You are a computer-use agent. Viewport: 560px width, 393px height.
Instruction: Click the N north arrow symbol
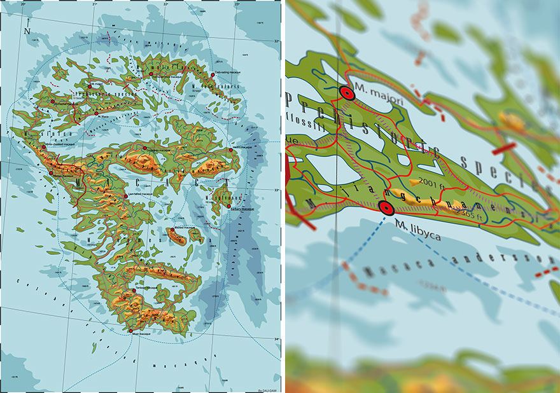coord(26,31)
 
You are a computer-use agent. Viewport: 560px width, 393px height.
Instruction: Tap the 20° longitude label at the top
coord(24,4)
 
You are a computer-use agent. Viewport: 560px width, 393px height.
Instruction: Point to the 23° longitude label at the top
coord(237,4)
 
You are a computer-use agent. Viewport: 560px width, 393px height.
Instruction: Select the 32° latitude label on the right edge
coord(276,42)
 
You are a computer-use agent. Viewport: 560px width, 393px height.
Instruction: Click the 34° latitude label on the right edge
coord(276,339)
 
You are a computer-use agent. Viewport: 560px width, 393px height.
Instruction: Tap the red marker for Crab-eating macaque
coord(213,74)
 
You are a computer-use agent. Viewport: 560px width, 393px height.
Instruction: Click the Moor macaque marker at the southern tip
coord(130,331)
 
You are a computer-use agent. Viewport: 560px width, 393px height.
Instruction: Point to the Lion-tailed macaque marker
coord(126,197)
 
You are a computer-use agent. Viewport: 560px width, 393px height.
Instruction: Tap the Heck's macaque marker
coord(230,150)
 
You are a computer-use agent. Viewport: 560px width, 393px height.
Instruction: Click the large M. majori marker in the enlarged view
coord(347,93)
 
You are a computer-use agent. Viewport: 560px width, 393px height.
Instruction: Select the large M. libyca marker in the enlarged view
coord(385,207)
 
